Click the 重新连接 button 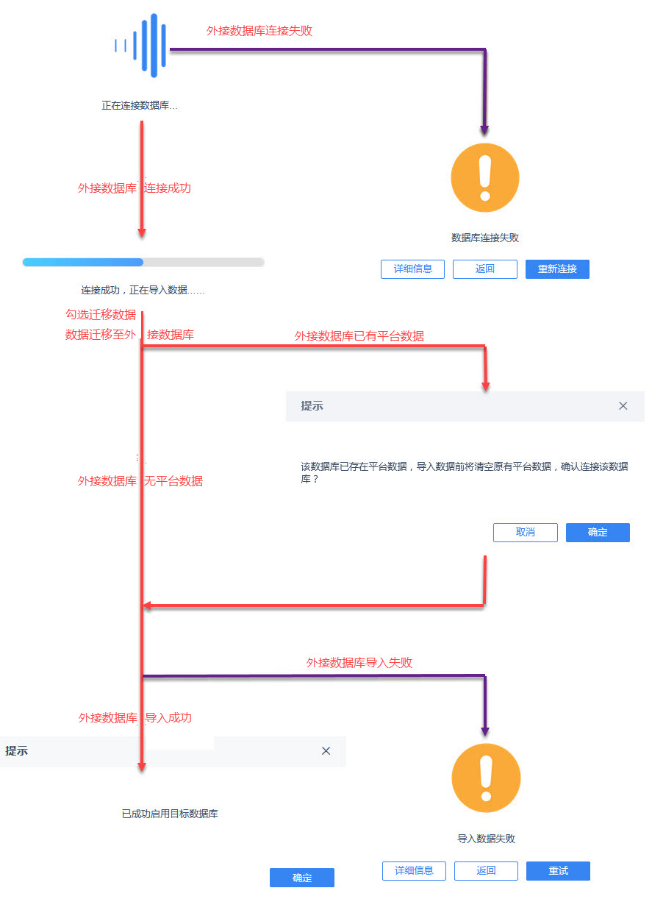(557, 269)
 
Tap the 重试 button (558, 870)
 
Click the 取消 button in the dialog (525, 532)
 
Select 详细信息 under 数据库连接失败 (412, 269)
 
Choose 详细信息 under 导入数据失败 (414, 870)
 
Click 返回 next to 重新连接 (485, 269)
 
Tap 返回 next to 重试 (486, 870)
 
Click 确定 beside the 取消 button (598, 532)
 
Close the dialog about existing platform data (623, 406)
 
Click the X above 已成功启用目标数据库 (326, 751)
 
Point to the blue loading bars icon (140, 46)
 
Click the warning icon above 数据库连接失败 (485, 178)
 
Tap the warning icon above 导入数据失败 (486, 778)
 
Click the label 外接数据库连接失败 (259, 31)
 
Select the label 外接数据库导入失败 (359, 662)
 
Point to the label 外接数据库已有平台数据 (359, 336)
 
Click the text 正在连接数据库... (139, 105)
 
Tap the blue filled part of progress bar (82, 262)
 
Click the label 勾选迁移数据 (101, 314)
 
